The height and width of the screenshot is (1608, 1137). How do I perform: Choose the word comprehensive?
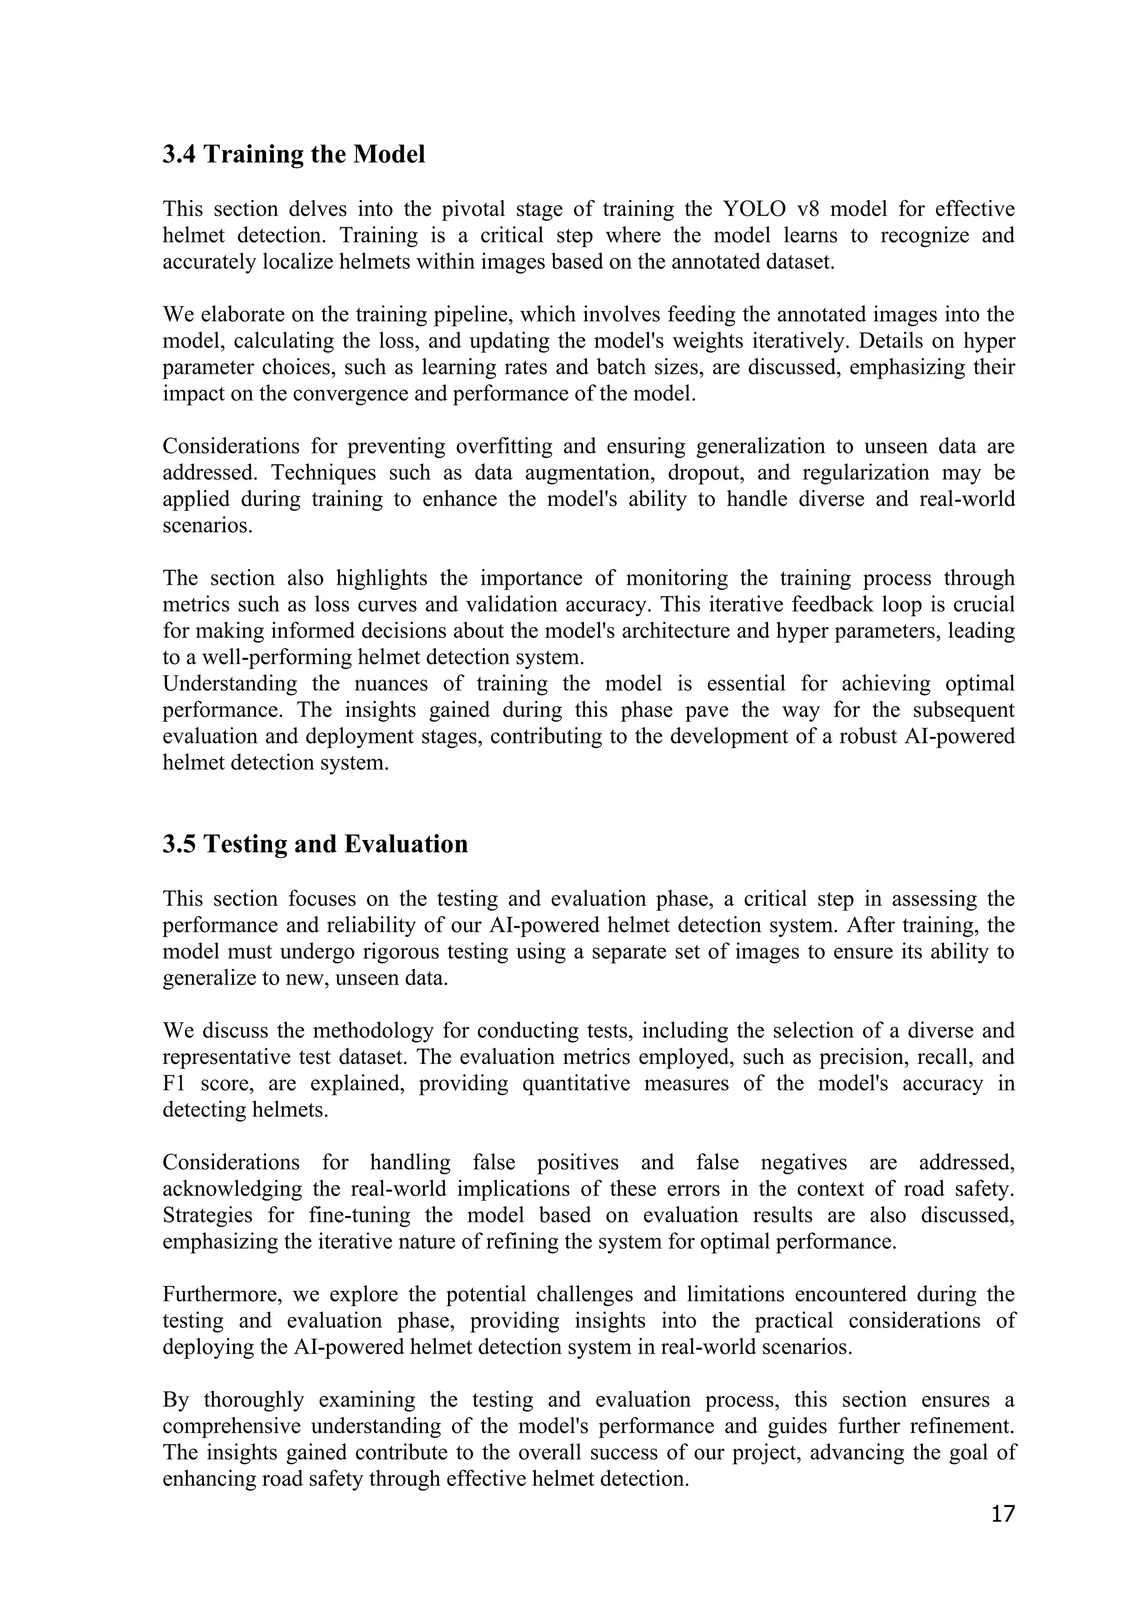pos(231,1426)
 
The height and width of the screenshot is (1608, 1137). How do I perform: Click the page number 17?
pos(1002,1514)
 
